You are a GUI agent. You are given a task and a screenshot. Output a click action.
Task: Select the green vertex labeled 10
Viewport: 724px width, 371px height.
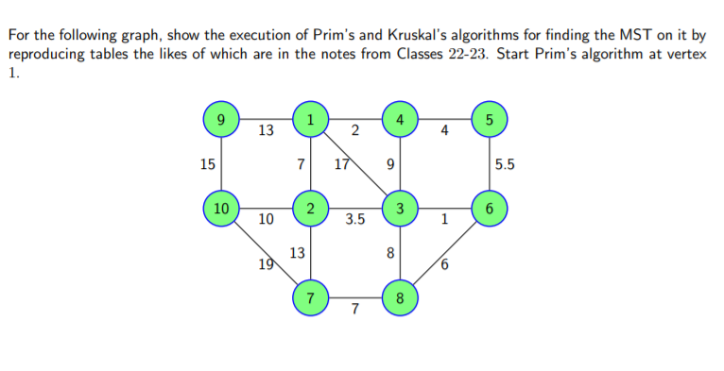tap(220, 207)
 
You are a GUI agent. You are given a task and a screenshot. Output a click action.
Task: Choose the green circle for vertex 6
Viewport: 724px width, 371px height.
tap(489, 207)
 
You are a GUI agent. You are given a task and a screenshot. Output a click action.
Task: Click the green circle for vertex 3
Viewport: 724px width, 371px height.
tap(400, 207)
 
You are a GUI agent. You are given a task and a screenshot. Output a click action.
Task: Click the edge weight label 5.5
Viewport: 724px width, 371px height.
tap(505, 164)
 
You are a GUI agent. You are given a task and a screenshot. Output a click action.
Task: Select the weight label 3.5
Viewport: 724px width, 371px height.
tap(355, 220)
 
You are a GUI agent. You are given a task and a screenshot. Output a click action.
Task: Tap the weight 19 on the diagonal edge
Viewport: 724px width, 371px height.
tap(267, 265)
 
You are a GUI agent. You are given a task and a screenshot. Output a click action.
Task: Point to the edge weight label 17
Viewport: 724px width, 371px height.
tap(342, 166)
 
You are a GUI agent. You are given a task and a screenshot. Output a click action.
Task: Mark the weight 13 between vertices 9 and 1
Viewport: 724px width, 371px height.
tap(266, 130)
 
